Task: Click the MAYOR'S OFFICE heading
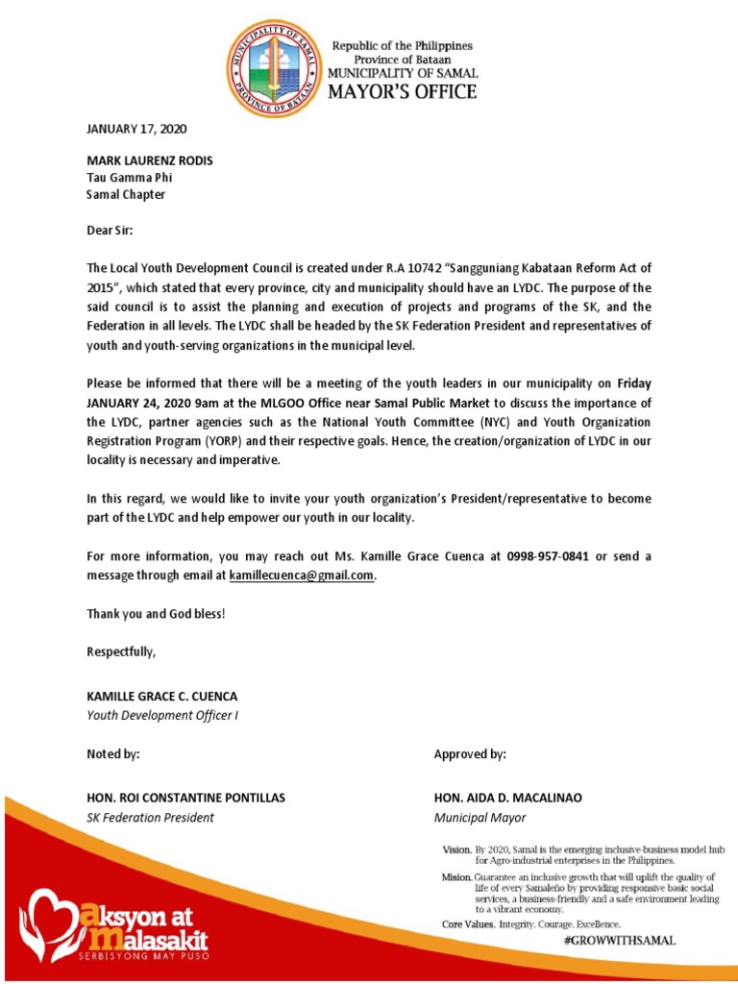[403, 92]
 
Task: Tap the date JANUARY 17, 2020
[136, 127]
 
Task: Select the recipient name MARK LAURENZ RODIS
[150, 160]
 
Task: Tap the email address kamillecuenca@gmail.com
[301, 575]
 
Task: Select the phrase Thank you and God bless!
[156, 614]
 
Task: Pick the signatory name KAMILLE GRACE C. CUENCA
[161, 696]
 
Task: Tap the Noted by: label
[113, 754]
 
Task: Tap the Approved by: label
[470, 754]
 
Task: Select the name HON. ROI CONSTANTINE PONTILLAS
[185, 799]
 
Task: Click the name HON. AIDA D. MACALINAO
[508, 799]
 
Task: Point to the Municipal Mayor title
[480, 818]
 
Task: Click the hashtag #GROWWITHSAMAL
[619, 942]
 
